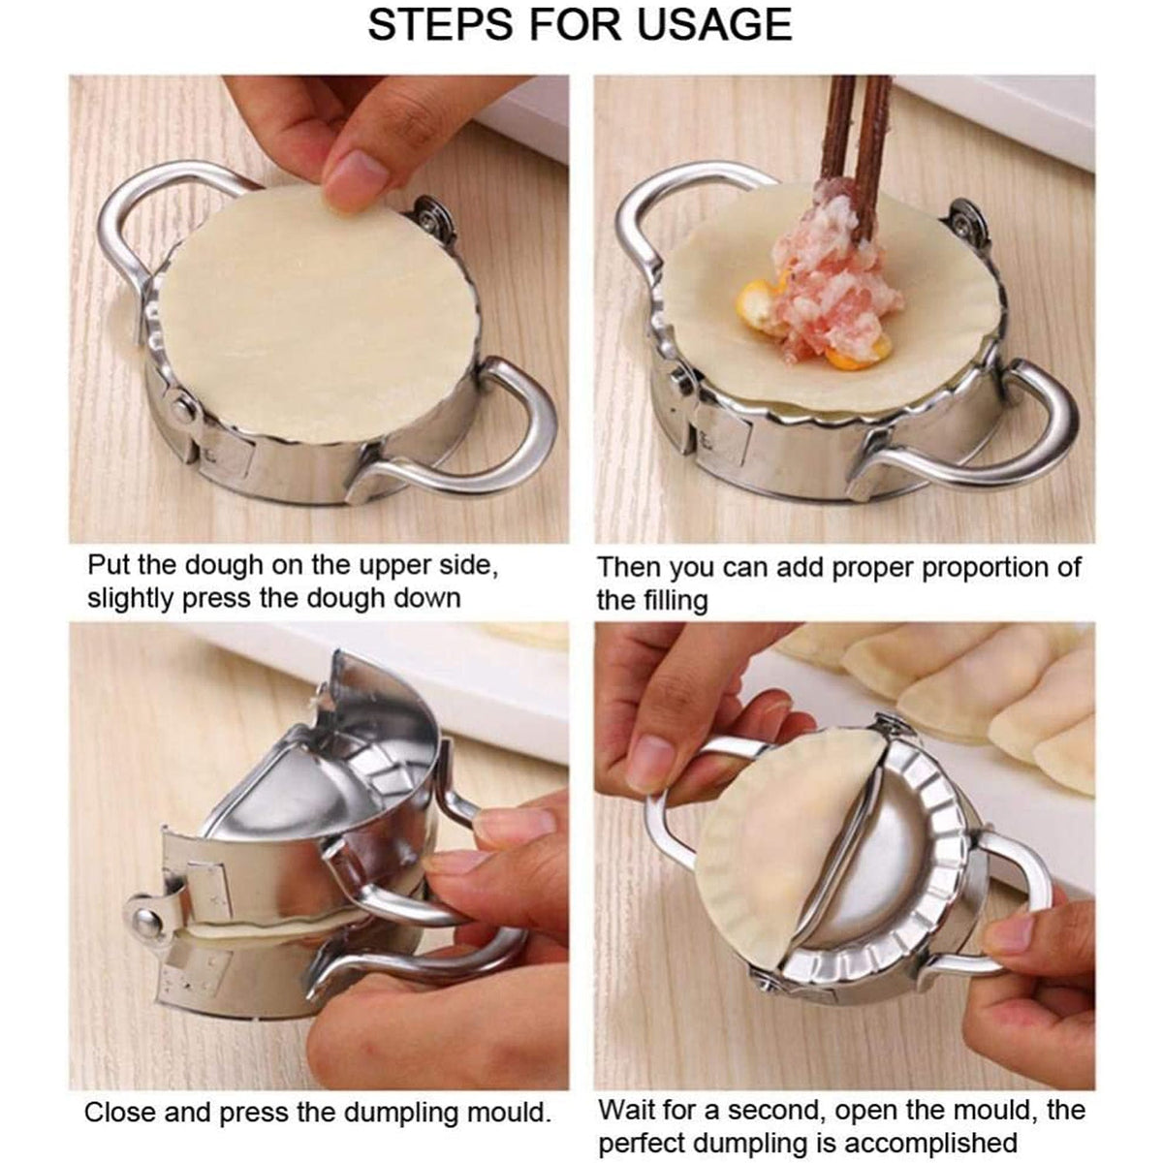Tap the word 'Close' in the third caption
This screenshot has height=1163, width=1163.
(x=121, y=1112)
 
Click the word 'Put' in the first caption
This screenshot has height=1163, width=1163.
(x=110, y=566)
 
